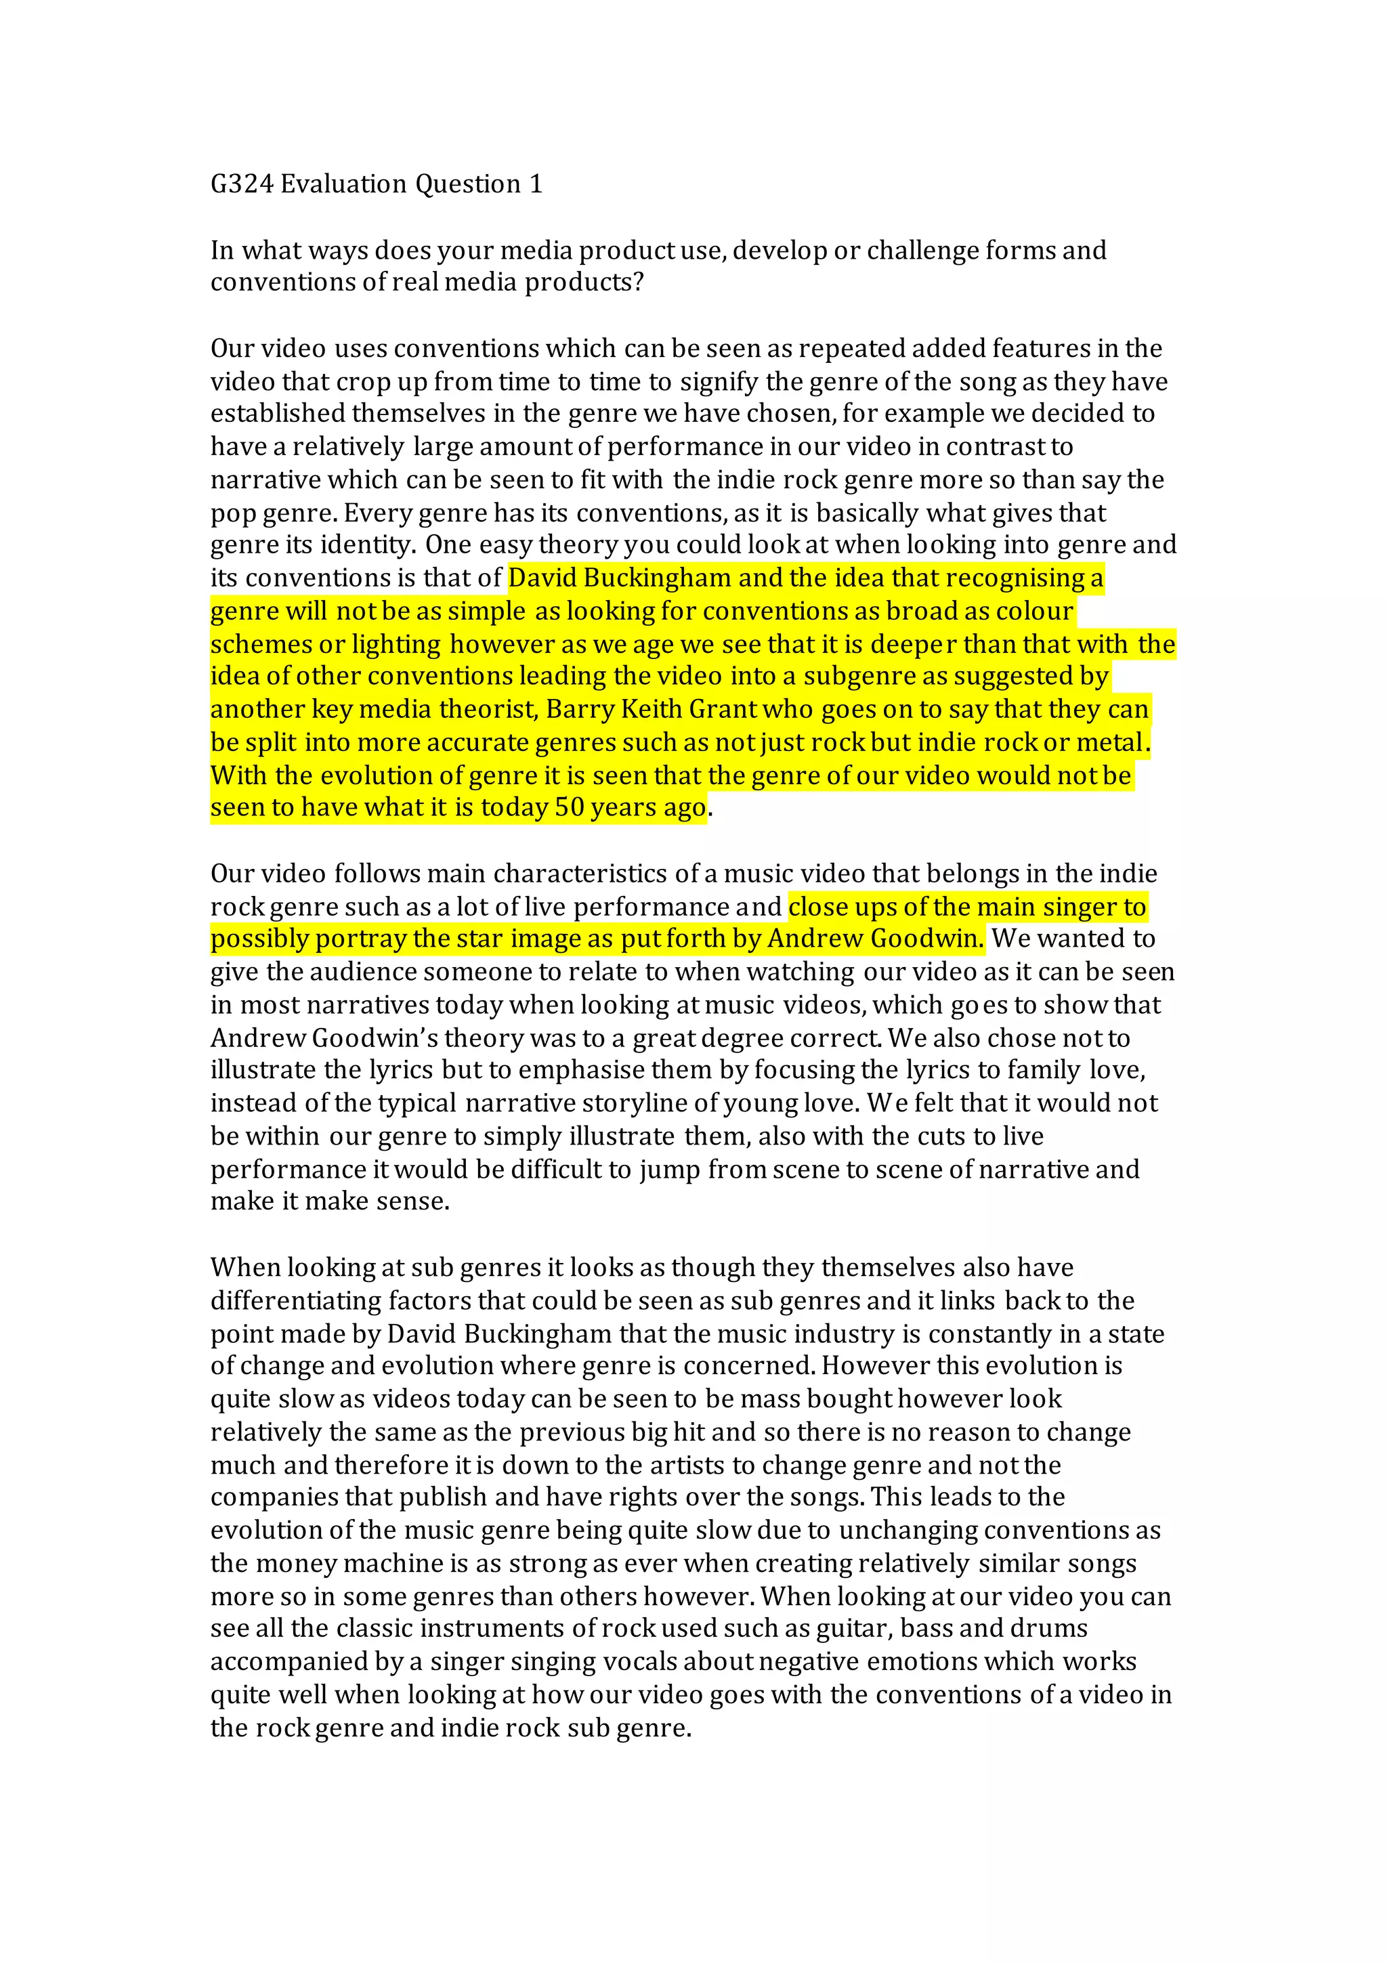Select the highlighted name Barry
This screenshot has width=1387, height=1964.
(579, 709)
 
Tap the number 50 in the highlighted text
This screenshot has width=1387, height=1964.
(569, 807)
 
